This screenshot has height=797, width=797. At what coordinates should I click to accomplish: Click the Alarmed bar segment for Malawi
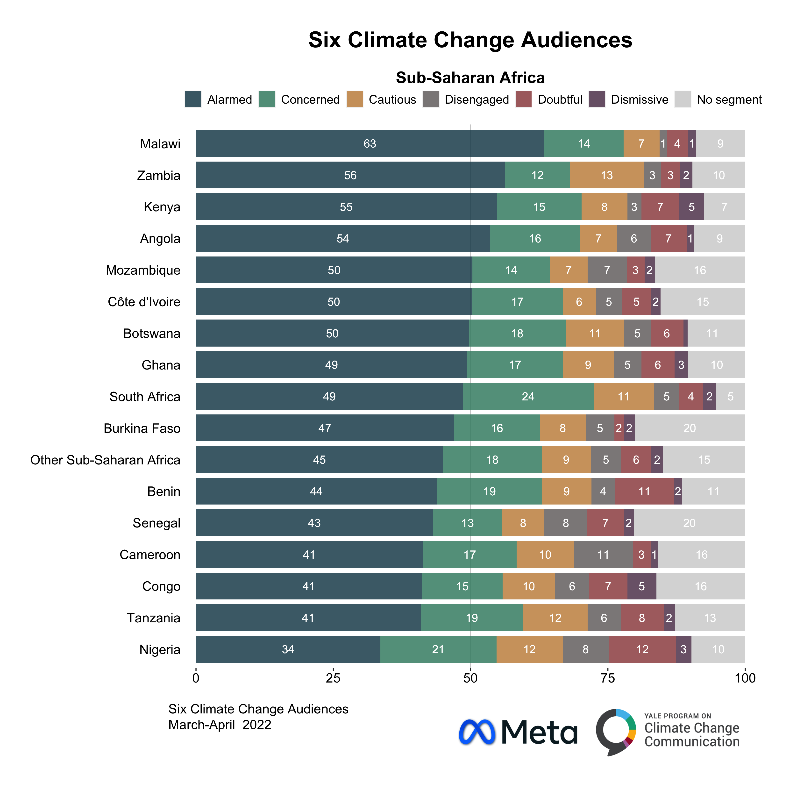coord(370,143)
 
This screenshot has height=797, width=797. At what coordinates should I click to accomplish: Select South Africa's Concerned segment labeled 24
coord(528,396)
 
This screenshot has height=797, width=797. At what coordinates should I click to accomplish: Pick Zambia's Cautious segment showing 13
coord(606,175)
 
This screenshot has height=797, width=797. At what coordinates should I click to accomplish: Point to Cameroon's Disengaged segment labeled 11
coord(603,555)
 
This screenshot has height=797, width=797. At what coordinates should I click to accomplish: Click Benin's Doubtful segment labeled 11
coord(644,491)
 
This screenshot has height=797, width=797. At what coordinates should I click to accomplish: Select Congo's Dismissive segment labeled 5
coord(641,586)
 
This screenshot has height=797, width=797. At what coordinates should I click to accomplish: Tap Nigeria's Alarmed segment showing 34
coord(288,649)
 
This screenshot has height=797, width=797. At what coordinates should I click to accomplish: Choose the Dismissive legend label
coord(640,100)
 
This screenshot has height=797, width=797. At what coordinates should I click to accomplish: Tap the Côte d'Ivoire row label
coord(144,302)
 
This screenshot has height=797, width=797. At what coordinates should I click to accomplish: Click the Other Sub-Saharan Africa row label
coord(105,460)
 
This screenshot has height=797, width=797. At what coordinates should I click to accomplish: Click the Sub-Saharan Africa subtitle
coord(470,78)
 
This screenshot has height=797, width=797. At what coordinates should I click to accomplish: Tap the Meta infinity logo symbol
coord(477,732)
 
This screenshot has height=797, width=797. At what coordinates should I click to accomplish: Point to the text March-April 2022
coord(220,725)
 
